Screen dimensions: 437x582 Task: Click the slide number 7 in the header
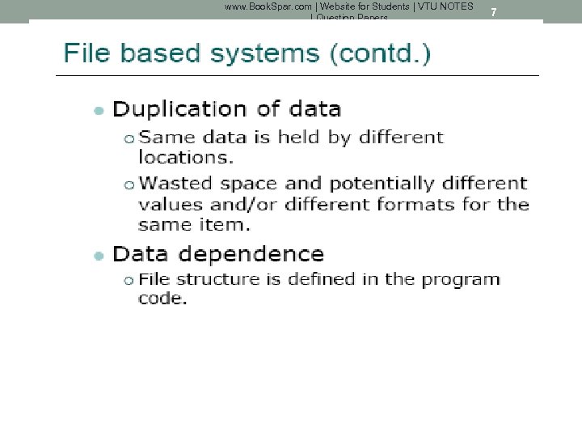click(494, 12)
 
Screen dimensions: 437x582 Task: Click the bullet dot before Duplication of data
click(98, 110)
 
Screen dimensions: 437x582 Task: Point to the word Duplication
click(179, 109)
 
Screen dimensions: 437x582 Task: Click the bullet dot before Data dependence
click(98, 256)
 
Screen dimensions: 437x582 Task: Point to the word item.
click(228, 223)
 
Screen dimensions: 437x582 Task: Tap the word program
click(460, 280)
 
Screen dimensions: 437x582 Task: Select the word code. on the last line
click(162, 299)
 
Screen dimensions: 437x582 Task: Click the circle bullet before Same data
click(129, 138)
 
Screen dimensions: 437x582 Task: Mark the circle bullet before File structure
click(129, 280)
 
